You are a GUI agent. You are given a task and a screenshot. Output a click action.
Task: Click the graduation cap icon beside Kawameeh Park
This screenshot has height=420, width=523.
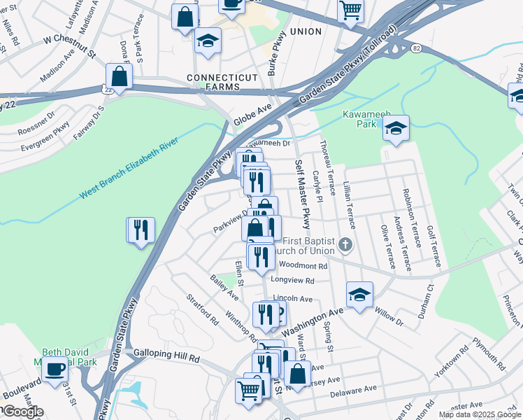click(396, 129)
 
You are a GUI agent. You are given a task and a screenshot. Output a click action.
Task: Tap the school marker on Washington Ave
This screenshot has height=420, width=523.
click(359, 295)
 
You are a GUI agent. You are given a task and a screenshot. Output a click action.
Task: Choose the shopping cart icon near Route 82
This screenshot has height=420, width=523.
click(351, 10)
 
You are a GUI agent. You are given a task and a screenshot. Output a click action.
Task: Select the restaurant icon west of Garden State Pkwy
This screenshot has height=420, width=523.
click(141, 230)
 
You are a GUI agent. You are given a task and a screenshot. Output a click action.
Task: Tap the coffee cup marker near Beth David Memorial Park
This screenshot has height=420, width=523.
click(55, 369)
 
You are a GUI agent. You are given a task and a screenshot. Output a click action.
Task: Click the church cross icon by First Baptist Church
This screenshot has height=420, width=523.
click(344, 245)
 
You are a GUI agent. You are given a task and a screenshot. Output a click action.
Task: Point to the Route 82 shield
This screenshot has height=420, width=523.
click(416, 48)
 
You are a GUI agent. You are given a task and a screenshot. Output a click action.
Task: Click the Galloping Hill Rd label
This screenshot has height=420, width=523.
click(167, 356)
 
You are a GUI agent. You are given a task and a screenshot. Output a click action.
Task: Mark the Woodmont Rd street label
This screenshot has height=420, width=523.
click(303, 266)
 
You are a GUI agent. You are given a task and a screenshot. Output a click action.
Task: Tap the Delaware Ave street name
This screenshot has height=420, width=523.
click(355, 392)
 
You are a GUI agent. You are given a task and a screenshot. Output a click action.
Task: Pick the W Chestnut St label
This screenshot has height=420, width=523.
click(67, 38)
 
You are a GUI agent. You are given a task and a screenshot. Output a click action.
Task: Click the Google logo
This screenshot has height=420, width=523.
click(22, 412)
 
